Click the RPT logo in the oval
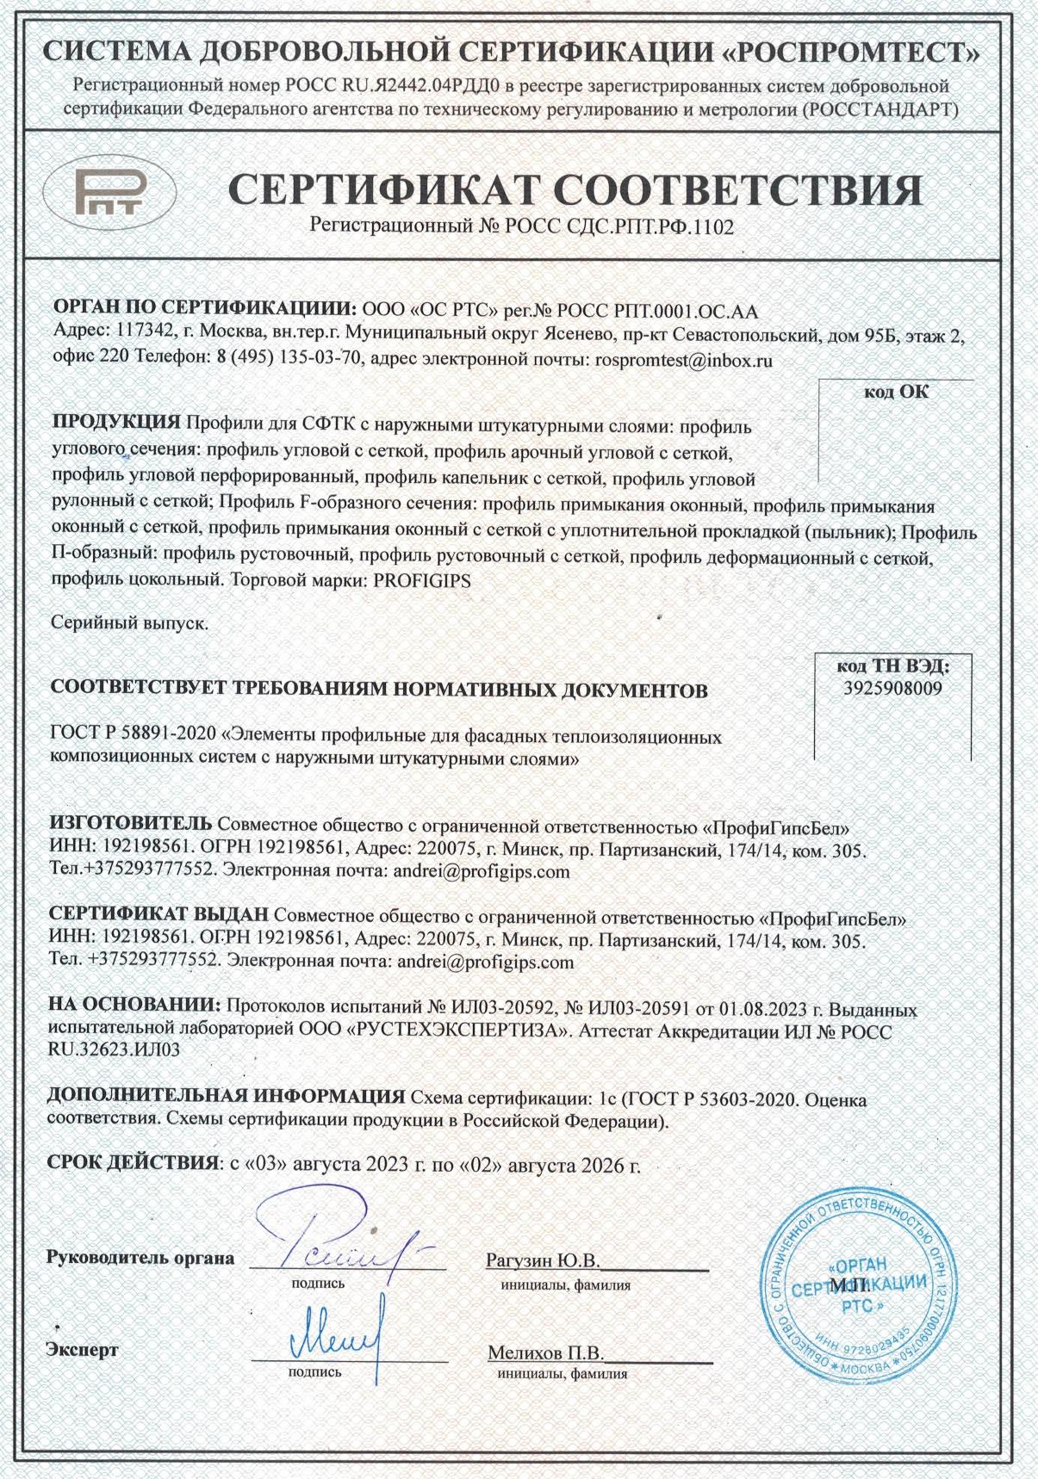pos(109,190)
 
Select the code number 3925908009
pos(892,689)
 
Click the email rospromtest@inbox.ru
pos(684,362)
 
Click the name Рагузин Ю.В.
pos(542,1261)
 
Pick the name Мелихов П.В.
pos(545,1352)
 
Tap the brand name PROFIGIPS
pos(423,581)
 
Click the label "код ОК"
pos(897,392)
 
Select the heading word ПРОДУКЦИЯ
pos(116,424)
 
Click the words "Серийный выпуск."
pos(129,623)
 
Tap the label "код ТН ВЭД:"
pos(892,666)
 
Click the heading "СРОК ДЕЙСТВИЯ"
pos(131,1163)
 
